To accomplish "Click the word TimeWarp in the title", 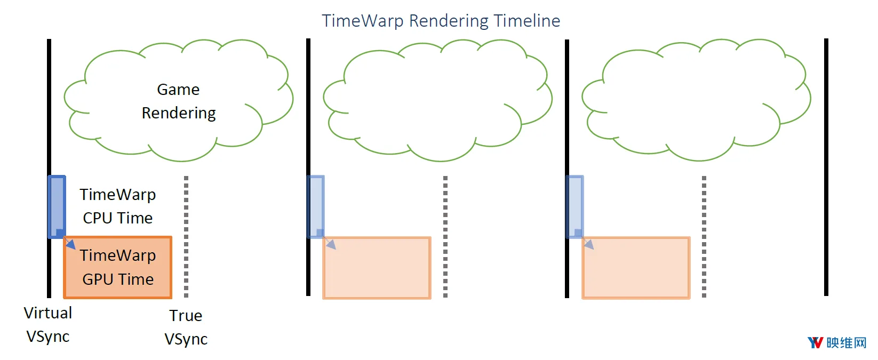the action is point(363,21).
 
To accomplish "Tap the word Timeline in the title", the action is point(526,20).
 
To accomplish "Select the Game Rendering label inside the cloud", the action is point(179,101).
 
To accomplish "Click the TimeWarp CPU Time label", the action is point(118,206).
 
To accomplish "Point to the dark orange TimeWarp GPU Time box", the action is point(118,267).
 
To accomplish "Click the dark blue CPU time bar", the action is point(57,207).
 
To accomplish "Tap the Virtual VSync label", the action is point(48,325).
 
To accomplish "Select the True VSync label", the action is point(186,327).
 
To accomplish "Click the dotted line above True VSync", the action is point(186,237).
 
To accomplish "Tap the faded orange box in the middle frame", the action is point(377,268).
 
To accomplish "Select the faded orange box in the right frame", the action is point(636,268).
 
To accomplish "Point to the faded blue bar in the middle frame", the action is point(316,207).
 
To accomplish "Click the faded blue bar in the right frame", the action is point(574,207).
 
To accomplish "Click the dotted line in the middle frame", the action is point(445,237).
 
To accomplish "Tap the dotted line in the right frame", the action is point(704,237).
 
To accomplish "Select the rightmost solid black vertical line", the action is point(826,167).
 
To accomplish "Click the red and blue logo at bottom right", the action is point(815,342).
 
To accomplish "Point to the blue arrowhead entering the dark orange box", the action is point(71,245).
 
